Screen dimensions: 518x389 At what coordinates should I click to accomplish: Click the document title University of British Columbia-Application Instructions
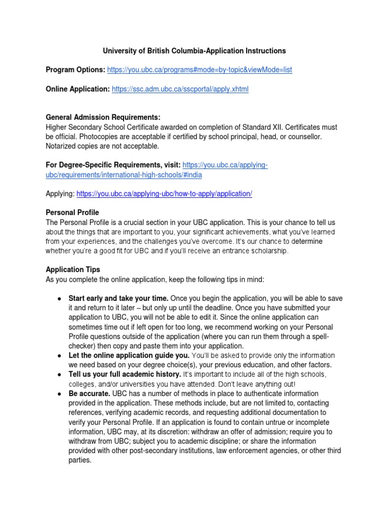tap(194, 51)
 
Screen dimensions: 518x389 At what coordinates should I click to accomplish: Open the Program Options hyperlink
tap(200, 70)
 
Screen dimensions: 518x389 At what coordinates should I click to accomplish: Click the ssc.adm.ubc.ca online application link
tap(180, 89)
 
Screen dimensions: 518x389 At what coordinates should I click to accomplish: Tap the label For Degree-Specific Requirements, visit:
tap(113, 165)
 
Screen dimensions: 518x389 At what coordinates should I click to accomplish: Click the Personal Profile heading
tap(72, 212)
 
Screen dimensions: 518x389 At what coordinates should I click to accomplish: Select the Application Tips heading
tap(73, 270)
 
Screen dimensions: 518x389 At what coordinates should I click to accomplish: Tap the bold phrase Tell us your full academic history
tap(124, 374)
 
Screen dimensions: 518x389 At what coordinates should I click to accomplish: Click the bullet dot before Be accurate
tap(59, 394)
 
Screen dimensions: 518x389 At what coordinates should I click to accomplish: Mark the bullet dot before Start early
tap(59, 298)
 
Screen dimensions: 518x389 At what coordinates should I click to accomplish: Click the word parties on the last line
tap(80, 460)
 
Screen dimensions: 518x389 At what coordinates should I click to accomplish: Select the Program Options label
tap(75, 70)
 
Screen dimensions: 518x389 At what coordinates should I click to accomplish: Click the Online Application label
tap(77, 89)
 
